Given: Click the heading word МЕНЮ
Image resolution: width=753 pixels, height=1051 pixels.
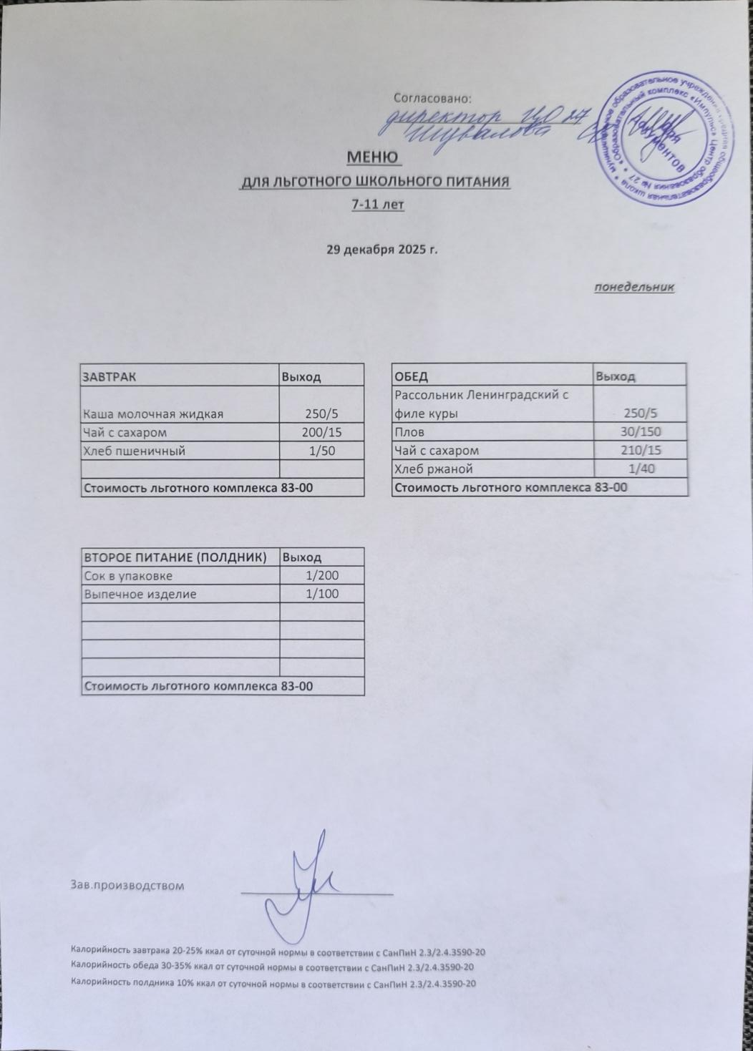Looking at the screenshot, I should (373, 156).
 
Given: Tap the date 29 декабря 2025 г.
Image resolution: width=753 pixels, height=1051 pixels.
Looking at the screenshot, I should (382, 250).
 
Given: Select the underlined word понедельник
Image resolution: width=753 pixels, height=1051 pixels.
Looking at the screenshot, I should (634, 288).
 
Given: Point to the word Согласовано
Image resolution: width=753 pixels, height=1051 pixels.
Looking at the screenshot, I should (433, 97).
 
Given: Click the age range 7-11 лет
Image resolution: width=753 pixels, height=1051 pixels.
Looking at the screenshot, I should (378, 205).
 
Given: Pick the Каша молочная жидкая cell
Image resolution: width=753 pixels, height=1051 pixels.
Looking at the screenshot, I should (153, 414).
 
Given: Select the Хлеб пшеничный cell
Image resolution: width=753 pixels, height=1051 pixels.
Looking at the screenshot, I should (135, 451).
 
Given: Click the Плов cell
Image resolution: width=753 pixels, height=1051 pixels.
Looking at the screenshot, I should (409, 432).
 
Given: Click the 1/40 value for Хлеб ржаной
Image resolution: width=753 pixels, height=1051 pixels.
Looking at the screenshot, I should (642, 469).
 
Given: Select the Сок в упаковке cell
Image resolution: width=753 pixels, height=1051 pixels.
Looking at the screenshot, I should (128, 576).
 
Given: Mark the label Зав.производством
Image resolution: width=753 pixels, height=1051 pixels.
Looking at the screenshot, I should (127, 886).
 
